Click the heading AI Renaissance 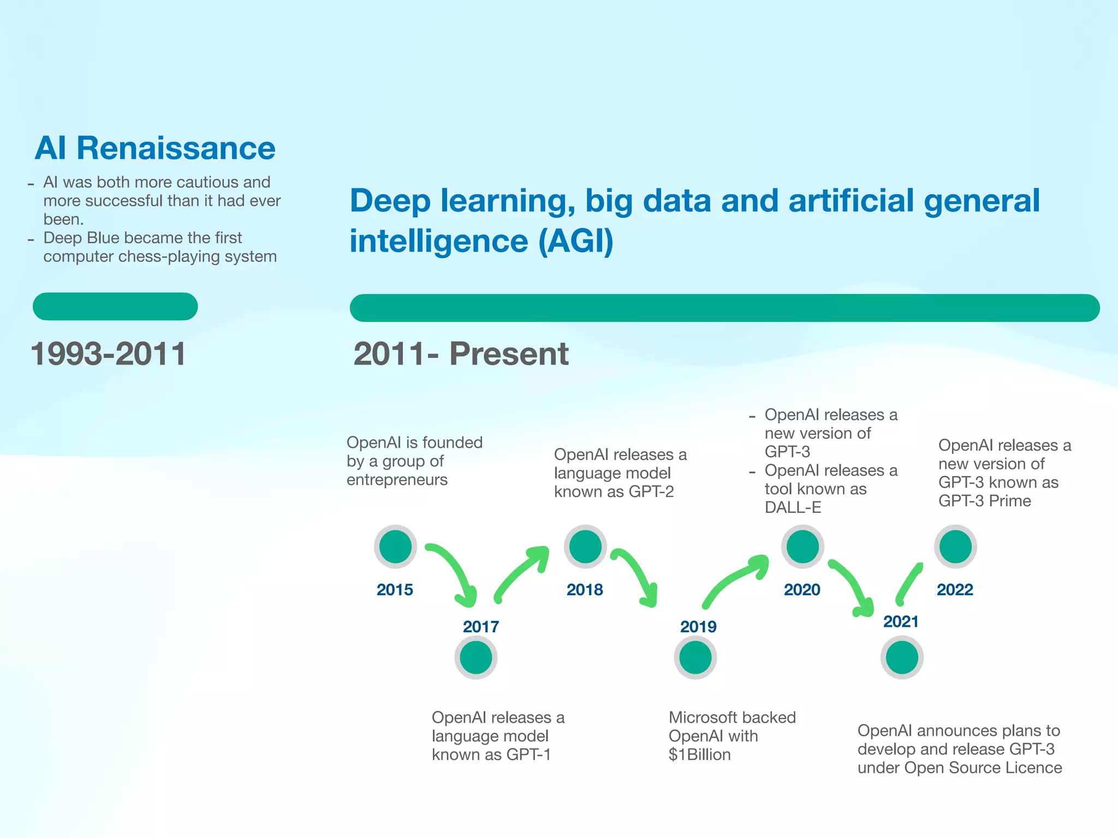click(x=155, y=148)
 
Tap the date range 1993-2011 click(x=109, y=354)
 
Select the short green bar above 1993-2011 click(x=115, y=307)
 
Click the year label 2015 click(x=395, y=590)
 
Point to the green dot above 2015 click(x=395, y=547)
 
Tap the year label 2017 click(x=481, y=627)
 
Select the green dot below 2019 click(x=695, y=657)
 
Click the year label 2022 click(x=955, y=590)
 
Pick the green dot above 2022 click(x=955, y=547)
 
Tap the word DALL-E click(x=793, y=507)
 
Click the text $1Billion click(x=699, y=755)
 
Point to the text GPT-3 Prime click(x=984, y=501)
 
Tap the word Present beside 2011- click(x=509, y=354)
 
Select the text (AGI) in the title click(x=576, y=241)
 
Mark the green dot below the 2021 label click(x=902, y=657)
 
